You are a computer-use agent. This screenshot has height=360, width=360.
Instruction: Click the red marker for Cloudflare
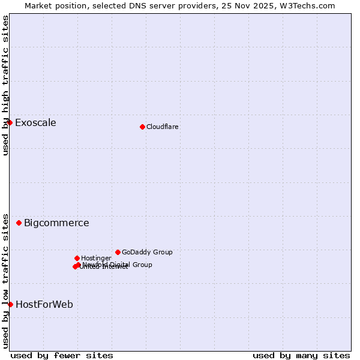pos(142,127)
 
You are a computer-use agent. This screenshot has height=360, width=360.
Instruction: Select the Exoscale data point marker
pos(10,122)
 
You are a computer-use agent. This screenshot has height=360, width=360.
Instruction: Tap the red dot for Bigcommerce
pos(19,223)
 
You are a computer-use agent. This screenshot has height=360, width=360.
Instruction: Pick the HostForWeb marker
pos(10,304)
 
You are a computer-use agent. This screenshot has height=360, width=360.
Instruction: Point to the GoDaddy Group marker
pos(118,252)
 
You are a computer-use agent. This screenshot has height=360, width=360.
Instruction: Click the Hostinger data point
pos(77,258)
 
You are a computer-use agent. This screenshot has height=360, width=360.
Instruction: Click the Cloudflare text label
pos(162,127)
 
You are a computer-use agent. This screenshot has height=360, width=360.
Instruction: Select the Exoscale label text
pos(35,123)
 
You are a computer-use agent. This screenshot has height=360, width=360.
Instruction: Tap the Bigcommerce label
pos(56,223)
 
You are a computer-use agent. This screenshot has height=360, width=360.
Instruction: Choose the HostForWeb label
pos(44,305)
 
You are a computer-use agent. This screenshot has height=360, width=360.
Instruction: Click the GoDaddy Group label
pos(147,252)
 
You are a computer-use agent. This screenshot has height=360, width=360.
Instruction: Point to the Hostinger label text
pos(96,258)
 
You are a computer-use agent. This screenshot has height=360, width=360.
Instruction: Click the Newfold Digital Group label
pos(118,264)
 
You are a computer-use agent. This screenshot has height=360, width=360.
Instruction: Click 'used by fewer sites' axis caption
pos(62,355)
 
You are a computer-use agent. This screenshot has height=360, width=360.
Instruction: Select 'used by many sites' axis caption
pos(301,355)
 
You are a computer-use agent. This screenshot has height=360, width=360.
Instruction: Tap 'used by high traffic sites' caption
pos(5,85)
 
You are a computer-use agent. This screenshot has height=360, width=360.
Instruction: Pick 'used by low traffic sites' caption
pos(5,280)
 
